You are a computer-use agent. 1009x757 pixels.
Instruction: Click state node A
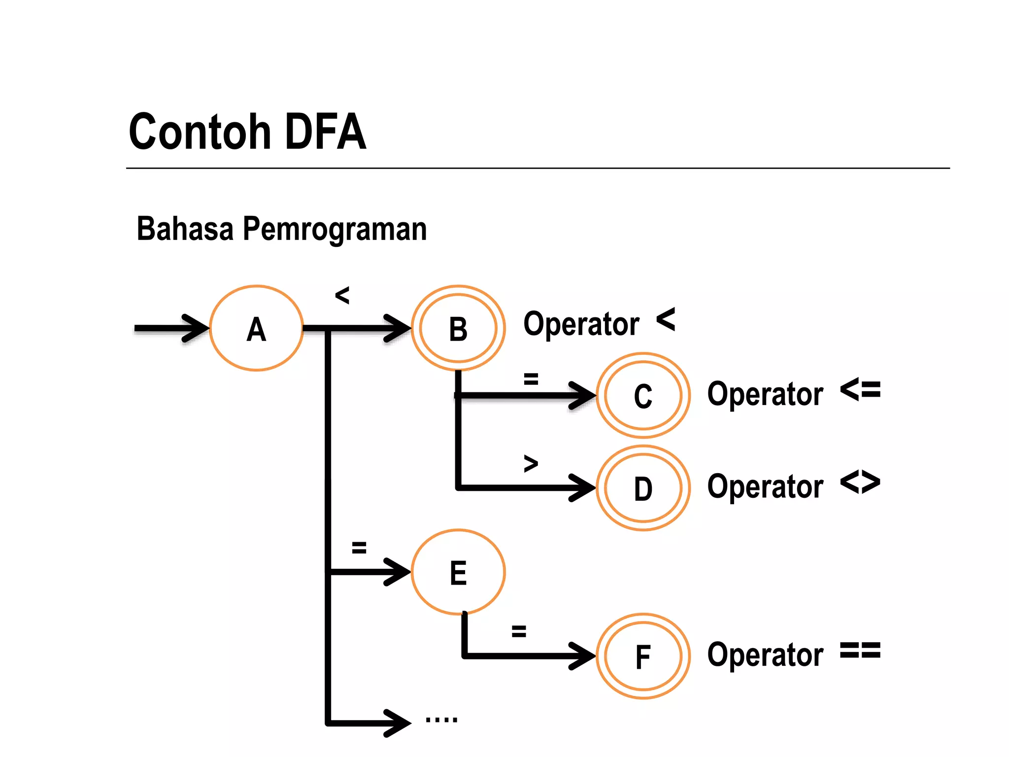point(256,328)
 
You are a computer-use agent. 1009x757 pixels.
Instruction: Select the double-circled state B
point(458,328)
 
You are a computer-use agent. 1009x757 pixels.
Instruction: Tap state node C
point(643,395)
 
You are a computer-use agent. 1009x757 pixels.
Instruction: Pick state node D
point(643,488)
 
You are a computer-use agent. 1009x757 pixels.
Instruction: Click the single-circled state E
point(458,572)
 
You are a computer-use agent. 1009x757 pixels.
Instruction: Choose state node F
point(643,656)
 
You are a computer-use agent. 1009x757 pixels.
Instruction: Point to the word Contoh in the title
point(200,132)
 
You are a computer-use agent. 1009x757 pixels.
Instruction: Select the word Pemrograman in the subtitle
point(335,229)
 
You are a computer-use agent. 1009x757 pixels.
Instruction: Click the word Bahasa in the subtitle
point(185,229)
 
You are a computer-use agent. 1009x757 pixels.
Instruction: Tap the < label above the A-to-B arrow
point(342,296)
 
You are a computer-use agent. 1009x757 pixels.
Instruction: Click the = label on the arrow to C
point(531,379)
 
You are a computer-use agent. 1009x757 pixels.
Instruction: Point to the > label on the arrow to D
point(531,464)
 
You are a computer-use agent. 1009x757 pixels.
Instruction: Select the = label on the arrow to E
point(359,548)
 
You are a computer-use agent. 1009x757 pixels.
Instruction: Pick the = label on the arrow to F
point(519,631)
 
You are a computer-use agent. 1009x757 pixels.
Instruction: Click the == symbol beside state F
point(860,651)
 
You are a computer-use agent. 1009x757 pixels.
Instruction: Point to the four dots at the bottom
point(441,720)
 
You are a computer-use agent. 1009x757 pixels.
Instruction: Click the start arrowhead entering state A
point(197,328)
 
